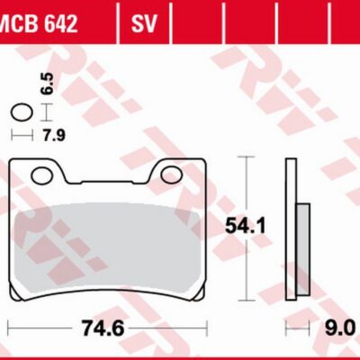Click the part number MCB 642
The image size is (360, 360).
coord(39,23)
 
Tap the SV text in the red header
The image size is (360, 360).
coord(144,23)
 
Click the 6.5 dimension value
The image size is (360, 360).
coord(48,84)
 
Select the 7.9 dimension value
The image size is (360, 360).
coord(53,136)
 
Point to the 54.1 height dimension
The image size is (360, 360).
coord(245,226)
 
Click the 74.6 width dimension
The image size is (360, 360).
coord(102,328)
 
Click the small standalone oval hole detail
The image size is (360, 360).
coord(22,113)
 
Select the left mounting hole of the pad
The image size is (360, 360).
coord(43,175)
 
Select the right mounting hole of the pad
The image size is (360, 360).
coord(172,175)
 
